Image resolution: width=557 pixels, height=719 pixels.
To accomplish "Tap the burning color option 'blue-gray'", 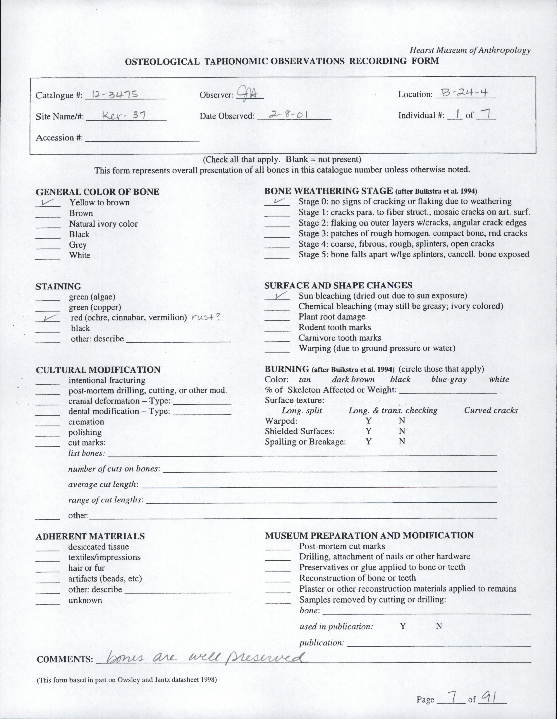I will pos(449,379).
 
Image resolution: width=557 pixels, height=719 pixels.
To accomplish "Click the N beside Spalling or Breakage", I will pos(402,442).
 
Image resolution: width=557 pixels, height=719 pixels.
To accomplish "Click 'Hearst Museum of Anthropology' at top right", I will pos(470,50).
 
